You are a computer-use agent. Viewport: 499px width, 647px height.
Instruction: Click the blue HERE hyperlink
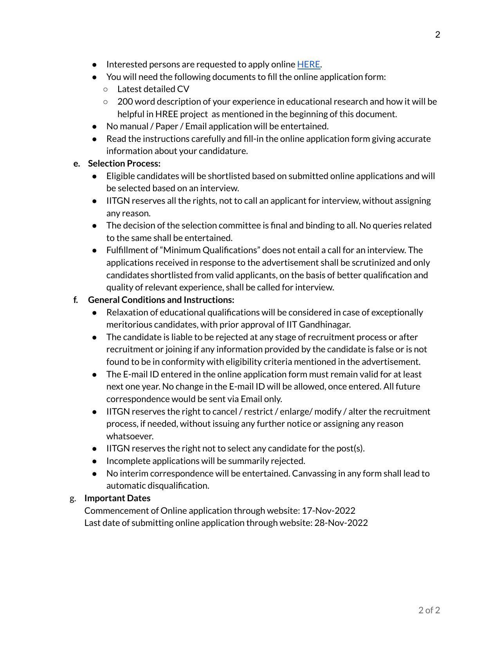(x=308, y=64)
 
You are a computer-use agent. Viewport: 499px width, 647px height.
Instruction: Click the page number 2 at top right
(x=438, y=35)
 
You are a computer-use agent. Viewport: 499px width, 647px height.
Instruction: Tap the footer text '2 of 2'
(x=429, y=610)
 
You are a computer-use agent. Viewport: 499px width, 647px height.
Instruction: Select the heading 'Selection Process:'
(x=124, y=163)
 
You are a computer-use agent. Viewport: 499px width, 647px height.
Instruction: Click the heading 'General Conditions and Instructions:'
(x=161, y=300)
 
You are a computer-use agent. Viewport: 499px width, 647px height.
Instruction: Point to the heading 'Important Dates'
(x=117, y=498)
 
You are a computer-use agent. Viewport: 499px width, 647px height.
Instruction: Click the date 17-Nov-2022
(x=328, y=511)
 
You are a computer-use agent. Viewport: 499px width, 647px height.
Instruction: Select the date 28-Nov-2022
(x=341, y=523)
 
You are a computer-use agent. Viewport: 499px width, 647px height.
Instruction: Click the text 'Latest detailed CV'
(x=153, y=89)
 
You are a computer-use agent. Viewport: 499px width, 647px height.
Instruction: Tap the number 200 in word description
(x=125, y=101)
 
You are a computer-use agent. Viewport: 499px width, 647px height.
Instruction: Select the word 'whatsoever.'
(x=130, y=436)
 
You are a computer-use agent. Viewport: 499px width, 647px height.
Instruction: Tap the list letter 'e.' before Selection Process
(x=77, y=163)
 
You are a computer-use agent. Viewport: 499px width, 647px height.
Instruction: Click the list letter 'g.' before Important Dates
(x=73, y=498)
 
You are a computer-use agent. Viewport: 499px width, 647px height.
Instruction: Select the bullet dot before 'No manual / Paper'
(x=94, y=127)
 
